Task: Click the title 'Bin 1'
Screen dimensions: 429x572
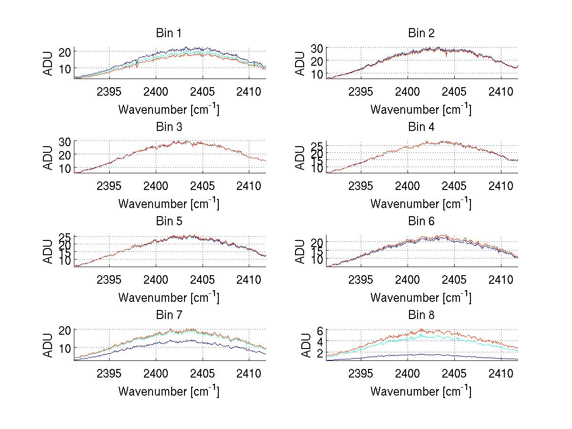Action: (168, 33)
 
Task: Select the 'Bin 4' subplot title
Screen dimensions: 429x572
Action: (421, 127)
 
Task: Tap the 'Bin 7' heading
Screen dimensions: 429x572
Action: (168, 315)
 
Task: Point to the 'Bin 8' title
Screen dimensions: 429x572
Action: (421, 315)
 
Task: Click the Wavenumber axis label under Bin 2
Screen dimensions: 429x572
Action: (421, 110)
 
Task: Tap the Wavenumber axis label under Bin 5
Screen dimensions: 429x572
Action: (168, 298)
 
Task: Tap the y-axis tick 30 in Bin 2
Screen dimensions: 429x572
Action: (317, 48)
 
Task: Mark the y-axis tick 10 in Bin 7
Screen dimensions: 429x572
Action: (65, 348)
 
